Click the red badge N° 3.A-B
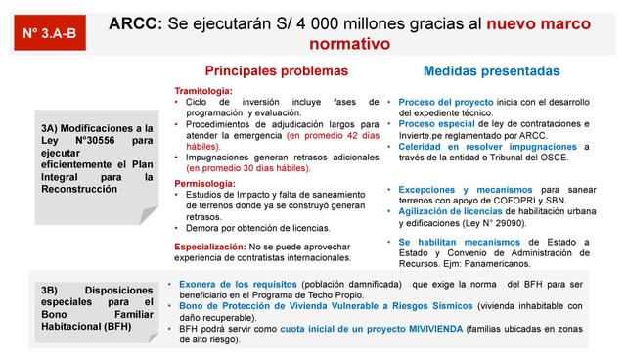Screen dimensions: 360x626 coord(48,33)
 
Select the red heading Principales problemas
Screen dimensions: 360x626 coord(276,71)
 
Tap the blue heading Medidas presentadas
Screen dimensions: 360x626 coord(491,71)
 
